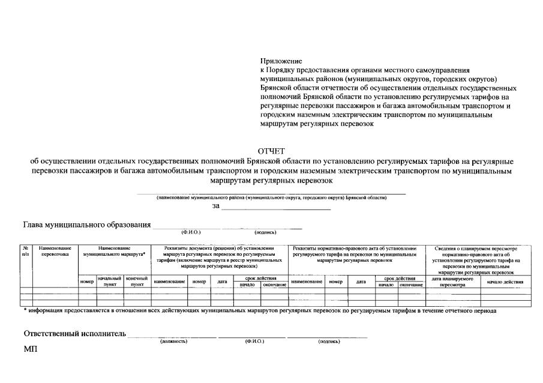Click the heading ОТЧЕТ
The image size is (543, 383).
tap(271, 151)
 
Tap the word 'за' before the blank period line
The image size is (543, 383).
tap(216, 206)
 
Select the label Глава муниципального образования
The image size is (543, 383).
tap(86, 225)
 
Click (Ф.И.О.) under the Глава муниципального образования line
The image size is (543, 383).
tap(190, 232)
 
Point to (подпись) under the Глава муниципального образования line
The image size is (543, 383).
tap(265, 232)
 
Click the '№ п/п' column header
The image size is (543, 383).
tap(26, 251)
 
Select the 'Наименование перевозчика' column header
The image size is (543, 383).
tap(56, 251)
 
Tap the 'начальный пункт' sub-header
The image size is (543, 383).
tap(109, 281)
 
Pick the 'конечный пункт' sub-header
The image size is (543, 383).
tap(137, 281)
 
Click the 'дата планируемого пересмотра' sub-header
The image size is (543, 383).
tap(453, 282)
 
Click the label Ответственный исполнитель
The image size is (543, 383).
tap(74, 333)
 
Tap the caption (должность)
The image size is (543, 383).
tap(174, 341)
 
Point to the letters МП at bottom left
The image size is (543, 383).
tap(30, 350)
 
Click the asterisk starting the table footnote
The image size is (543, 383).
tap(25, 310)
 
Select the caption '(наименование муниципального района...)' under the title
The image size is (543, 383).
tap(271, 198)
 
